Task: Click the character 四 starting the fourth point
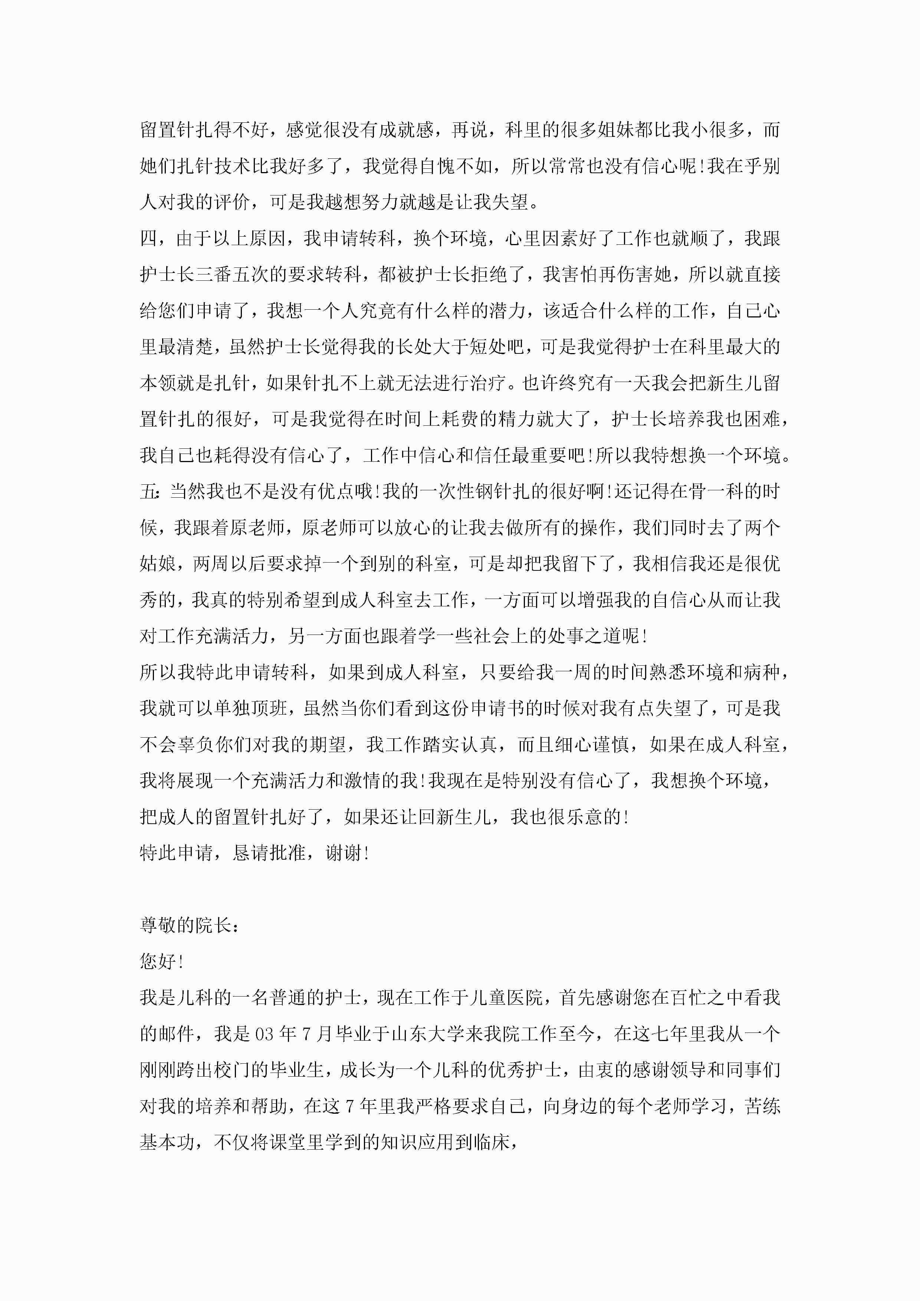[148, 238]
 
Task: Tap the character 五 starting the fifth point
[148, 491]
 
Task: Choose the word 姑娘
[158, 564]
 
